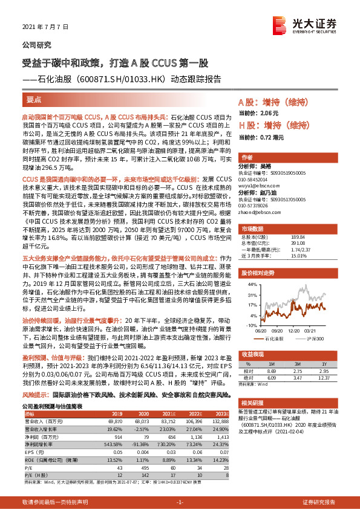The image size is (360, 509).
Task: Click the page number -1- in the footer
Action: point(180,503)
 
